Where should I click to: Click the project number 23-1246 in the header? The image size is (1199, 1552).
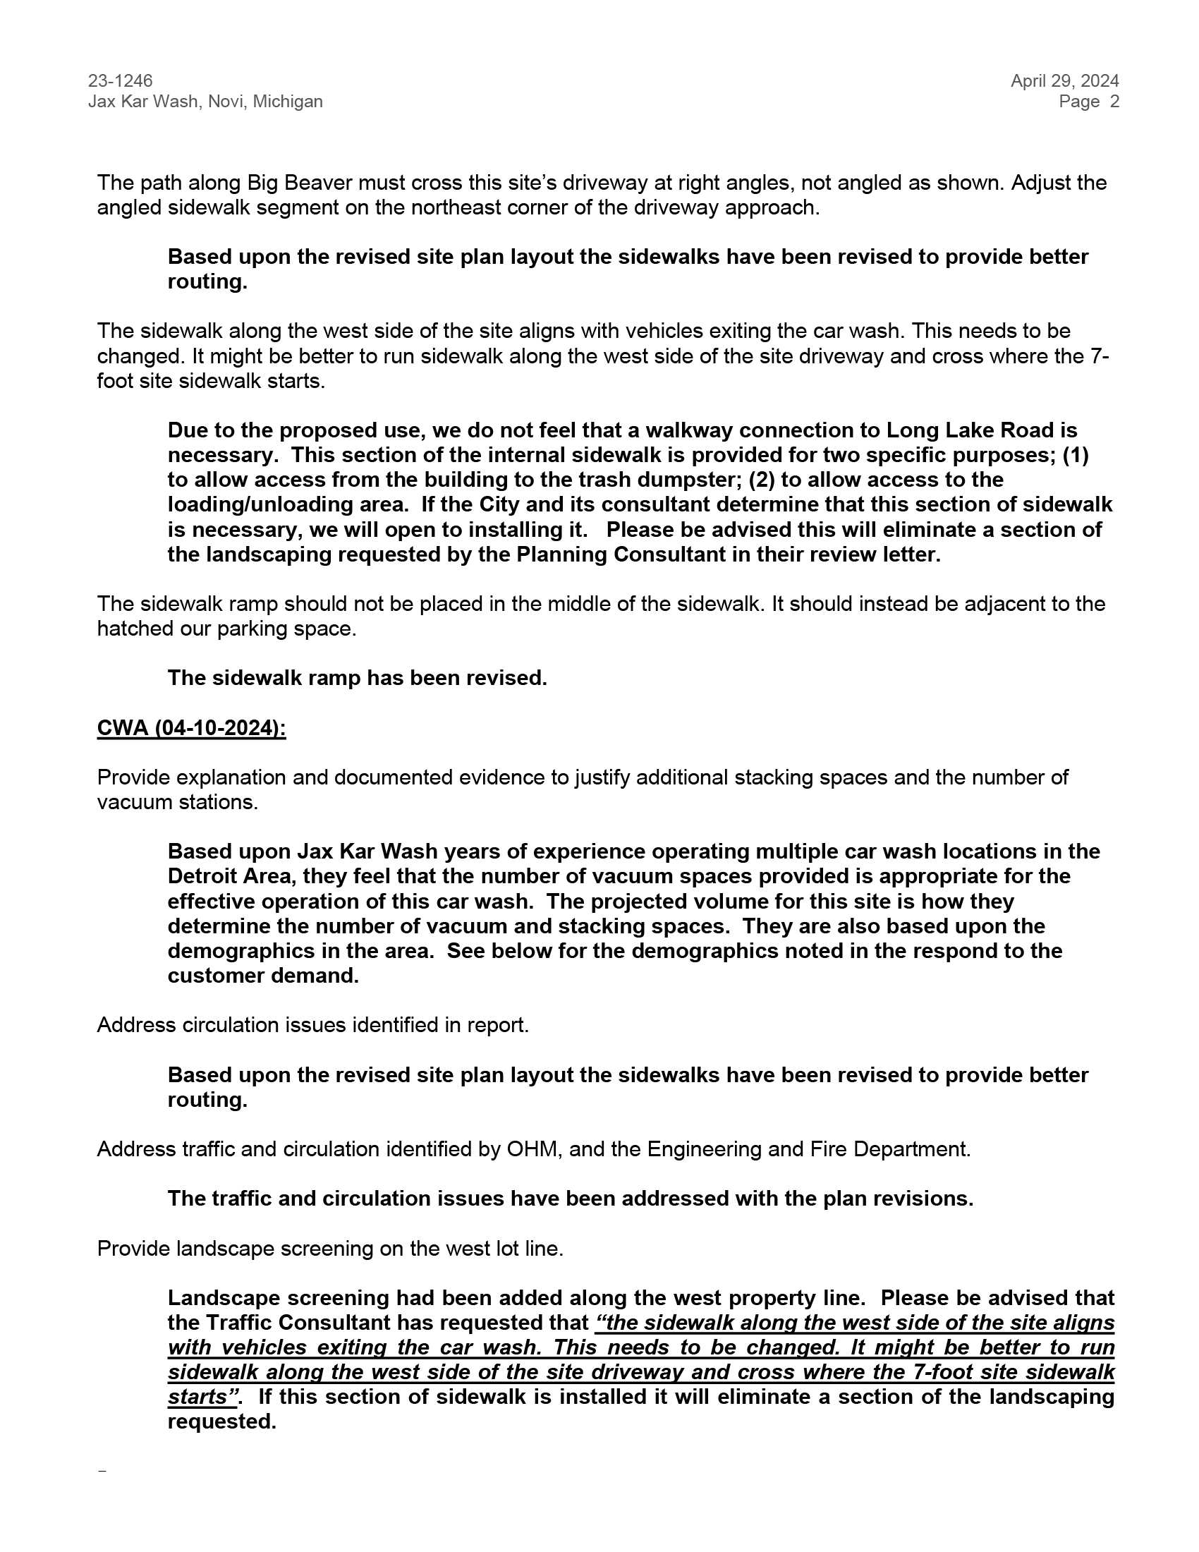pyautogui.click(x=120, y=81)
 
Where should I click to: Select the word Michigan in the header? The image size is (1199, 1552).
pyautogui.click(x=288, y=102)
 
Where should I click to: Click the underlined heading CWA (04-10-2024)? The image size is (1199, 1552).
pyautogui.click(x=191, y=728)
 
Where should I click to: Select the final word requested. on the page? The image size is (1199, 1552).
pyautogui.click(x=221, y=1422)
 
